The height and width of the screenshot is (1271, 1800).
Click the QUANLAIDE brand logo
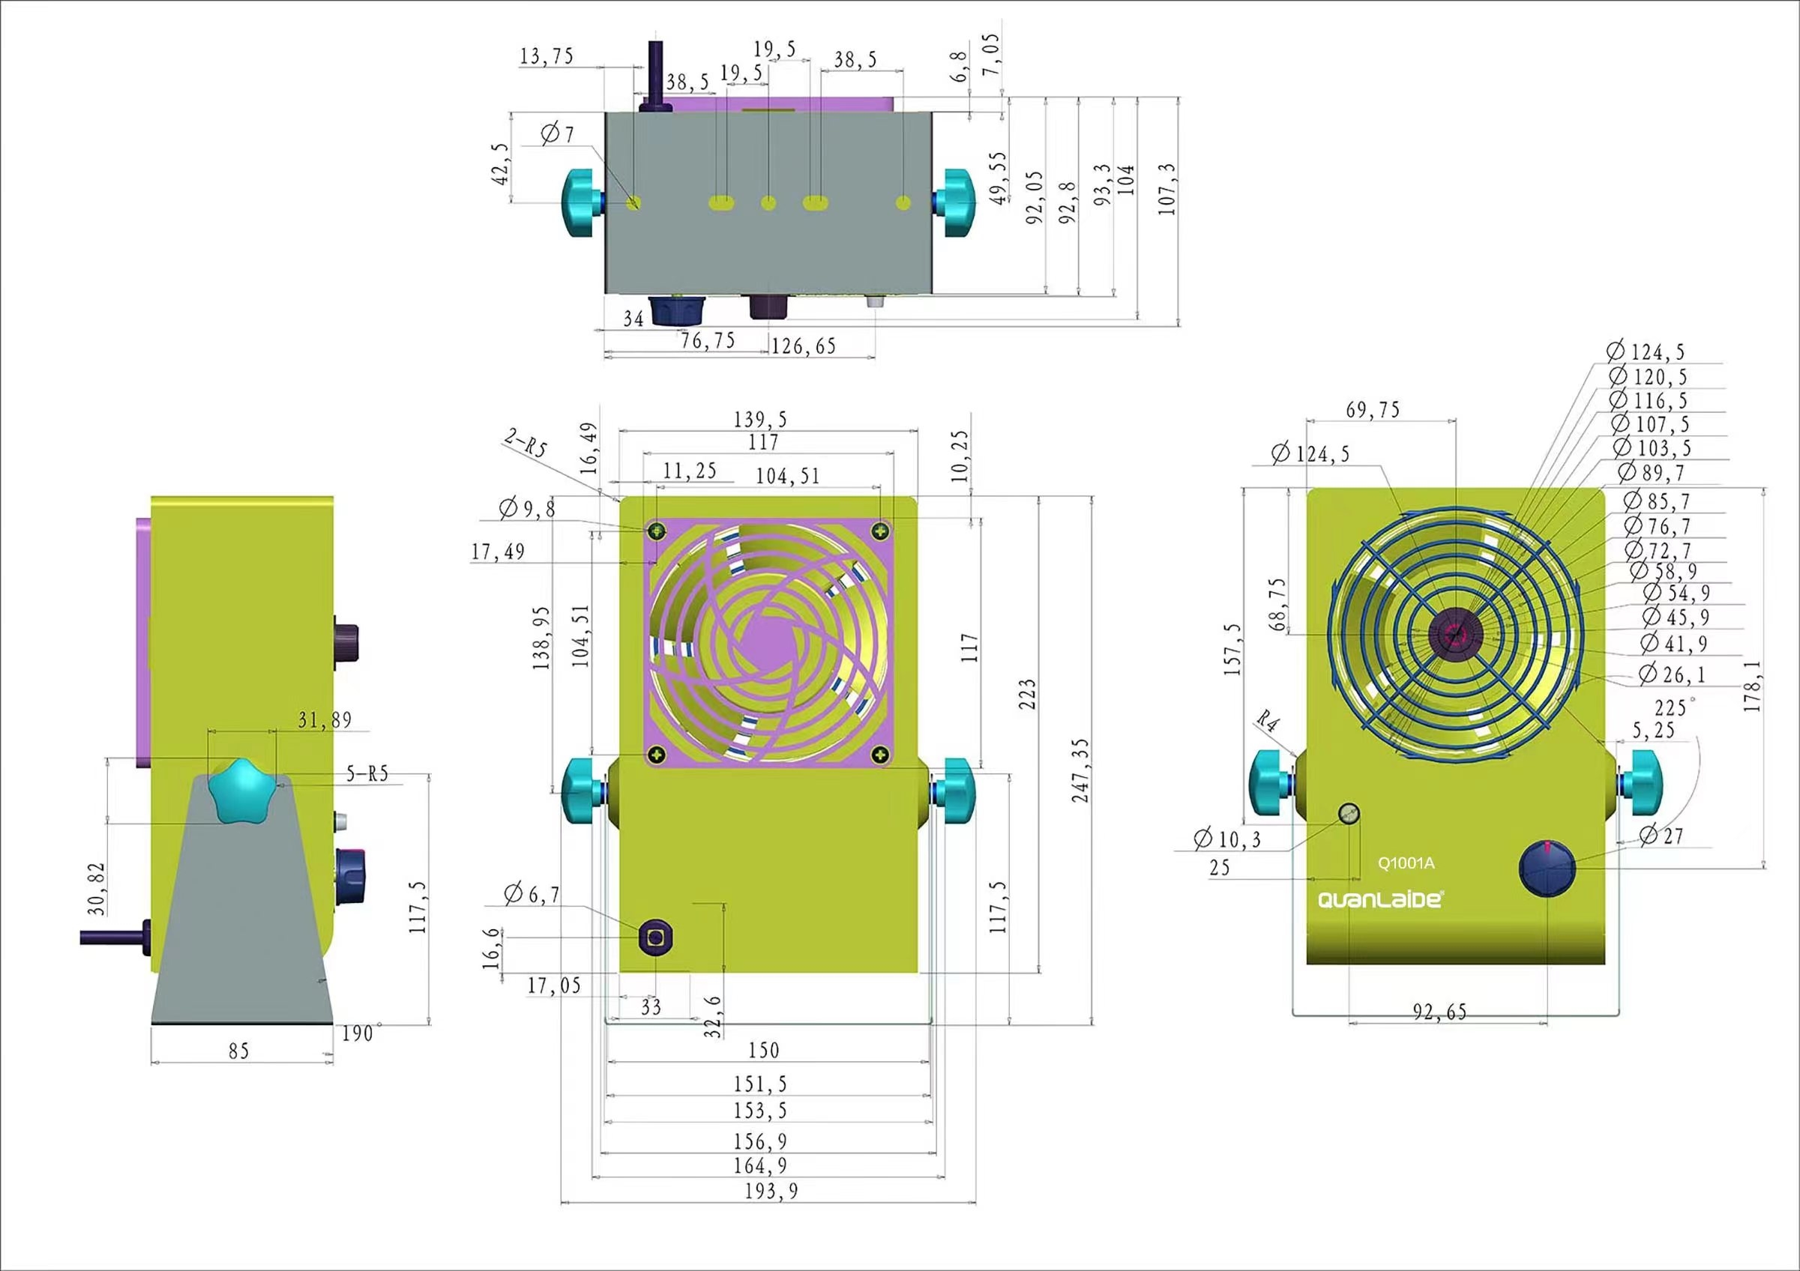(1379, 899)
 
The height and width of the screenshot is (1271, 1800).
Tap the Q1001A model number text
(1406, 863)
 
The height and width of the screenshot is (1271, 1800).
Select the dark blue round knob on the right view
(1547, 869)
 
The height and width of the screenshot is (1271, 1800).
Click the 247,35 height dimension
(1080, 770)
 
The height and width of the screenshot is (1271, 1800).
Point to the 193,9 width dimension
(771, 1190)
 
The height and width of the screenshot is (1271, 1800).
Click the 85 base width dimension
(238, 1051)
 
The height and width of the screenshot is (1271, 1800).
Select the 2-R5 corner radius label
(526, 443)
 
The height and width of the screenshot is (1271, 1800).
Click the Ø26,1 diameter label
(1672, 674)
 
